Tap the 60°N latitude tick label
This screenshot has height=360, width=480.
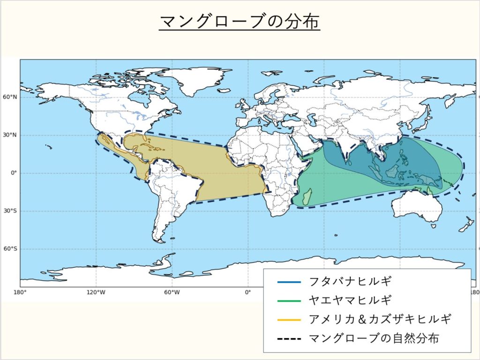[10, 97]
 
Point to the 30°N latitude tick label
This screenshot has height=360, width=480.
[10, 135]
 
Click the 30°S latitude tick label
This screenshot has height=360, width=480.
[10, 211]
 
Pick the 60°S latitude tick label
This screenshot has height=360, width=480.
[10, 249]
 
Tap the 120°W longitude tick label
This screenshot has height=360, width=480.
[96, 292]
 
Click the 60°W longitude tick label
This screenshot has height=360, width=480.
[172, 292]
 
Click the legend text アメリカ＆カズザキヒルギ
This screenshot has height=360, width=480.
[380, 319]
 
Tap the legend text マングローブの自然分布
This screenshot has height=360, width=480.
[374, 338]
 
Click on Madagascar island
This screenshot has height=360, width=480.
[307, 197]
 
